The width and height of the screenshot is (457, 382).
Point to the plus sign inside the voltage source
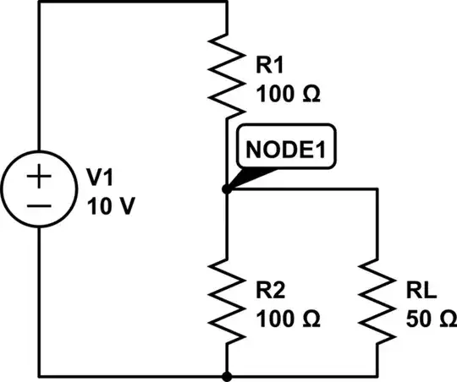point(40,177)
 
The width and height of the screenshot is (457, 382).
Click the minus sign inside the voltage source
point(40,205)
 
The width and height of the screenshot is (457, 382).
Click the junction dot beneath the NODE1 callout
point(227,189)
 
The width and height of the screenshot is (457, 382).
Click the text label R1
point(267,63)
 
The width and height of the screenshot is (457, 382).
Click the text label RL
point(416,293)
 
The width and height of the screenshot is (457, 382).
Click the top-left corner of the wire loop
point(40,3)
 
